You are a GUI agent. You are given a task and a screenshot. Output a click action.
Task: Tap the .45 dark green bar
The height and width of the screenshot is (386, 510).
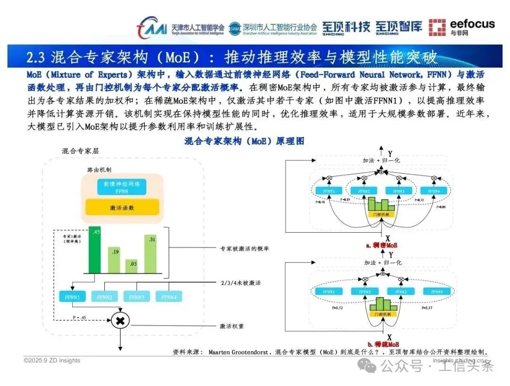94,251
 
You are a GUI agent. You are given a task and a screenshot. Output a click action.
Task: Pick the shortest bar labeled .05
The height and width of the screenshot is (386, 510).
133,267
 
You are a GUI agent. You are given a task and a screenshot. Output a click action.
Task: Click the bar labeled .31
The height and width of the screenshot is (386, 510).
150,254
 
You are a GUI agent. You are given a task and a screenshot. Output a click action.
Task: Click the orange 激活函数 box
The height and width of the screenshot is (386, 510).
122,207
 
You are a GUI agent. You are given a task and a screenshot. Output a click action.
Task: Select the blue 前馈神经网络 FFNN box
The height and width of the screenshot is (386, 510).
122,187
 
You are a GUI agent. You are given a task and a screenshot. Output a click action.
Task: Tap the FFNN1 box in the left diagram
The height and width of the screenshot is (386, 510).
69,297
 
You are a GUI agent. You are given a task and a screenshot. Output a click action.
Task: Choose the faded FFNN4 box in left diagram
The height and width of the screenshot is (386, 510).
168,297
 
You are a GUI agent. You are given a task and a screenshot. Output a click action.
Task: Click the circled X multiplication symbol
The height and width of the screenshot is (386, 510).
120,320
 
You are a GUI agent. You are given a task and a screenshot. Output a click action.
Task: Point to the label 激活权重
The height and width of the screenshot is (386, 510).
231,326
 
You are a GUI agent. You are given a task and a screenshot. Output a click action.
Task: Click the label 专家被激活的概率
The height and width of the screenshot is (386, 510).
245,248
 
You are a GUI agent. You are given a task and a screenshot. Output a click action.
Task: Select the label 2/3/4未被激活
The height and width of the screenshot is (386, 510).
241,283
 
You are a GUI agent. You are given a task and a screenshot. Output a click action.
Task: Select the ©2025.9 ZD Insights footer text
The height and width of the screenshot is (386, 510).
52,361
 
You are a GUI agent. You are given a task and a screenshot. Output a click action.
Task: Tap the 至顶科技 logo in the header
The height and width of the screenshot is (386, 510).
346,27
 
